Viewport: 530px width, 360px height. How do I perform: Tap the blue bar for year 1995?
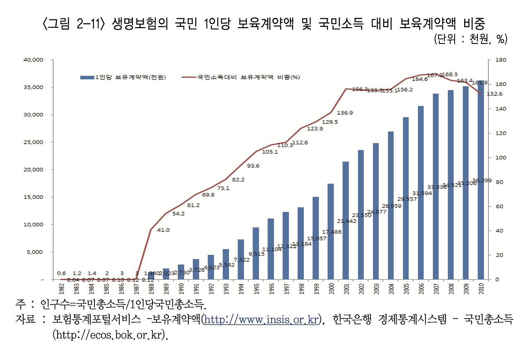[x=256, y=253]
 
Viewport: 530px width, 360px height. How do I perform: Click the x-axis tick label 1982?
[x=61, y=287]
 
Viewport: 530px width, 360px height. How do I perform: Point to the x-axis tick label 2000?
[x=331, y=287]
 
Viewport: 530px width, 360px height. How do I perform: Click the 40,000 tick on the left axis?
[x=33, y=60]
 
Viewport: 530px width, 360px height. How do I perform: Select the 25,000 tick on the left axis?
[x=33, y=142]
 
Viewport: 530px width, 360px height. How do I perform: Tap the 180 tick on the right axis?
[x=495, y=60]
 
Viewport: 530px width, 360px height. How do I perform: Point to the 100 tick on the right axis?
[x=495, y=157]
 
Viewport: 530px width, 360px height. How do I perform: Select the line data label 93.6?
[x=253, y=166]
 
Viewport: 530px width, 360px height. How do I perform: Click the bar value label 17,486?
[x=331, y=232]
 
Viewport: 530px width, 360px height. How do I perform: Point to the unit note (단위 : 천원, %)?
[x=470, y=39]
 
